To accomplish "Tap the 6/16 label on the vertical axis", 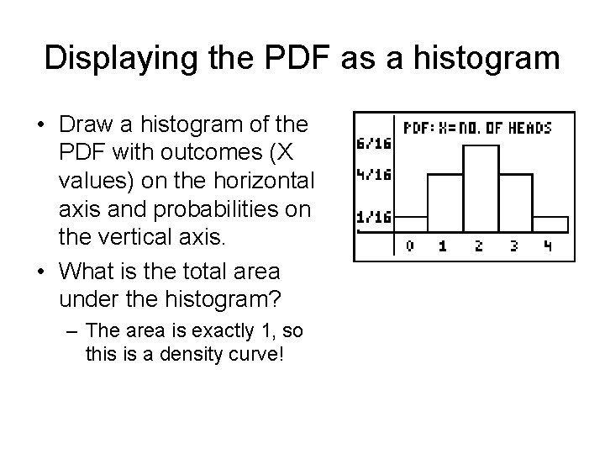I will pyautogui.click(x=373, y=144).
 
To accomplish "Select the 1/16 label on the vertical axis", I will pyautogui.click(x=373, y=217).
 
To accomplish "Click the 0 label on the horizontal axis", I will pyautogui.click(x=409, y=246).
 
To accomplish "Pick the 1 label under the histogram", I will pyautogui.click(x=444, y=246).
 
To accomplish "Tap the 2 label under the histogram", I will pyautogui.click(x=478, y=246).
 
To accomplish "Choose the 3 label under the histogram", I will pyautogui.click(x=513, y=246).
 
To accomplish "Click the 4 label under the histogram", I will pyautogui.click(x=546, y=246).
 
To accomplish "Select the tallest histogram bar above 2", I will pyautogui.click(x=478, y=189).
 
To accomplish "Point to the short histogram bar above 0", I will pyautogui.click(x=411, y=225).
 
